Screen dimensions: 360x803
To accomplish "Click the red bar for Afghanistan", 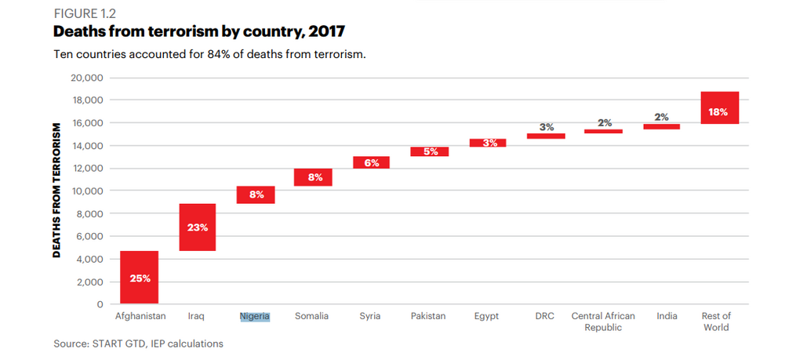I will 140,277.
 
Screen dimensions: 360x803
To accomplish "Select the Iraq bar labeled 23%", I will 198,227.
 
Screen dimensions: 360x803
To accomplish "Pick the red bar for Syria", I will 371,162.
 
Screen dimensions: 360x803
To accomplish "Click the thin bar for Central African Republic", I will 603,131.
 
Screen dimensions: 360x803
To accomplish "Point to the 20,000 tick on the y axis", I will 88,78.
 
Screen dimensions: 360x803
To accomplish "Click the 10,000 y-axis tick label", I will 88,191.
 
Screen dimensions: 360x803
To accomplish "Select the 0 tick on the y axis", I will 100,304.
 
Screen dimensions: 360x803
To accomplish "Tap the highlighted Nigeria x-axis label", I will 255,316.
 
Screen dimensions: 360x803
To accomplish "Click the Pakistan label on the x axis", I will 428,316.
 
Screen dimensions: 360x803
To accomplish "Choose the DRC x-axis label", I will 545,316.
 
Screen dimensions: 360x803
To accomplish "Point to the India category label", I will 667,316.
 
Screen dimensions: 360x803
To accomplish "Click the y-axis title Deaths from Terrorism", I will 56,190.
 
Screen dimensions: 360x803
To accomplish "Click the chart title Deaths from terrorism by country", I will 199,32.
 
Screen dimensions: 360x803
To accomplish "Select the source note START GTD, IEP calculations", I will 138,344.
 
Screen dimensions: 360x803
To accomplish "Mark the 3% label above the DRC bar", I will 547,126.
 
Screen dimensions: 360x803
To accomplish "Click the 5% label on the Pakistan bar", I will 430,151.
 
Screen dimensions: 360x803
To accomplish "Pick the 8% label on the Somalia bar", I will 314,177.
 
